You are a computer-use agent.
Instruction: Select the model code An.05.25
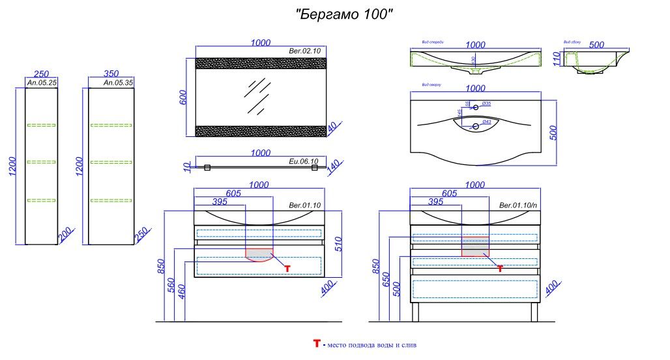tap(42, 83)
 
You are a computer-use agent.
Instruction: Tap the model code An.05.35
tap(118, 83)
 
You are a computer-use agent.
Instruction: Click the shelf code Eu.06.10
tap(303, 161)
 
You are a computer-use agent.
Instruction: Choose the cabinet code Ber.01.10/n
tap(517, 205)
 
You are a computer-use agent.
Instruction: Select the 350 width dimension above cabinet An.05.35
tap(111, 74)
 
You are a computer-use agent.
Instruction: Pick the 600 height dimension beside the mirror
tap(183, 97)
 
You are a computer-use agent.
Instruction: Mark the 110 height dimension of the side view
tap(557, 59)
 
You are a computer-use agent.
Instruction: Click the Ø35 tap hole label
tap(486, 104)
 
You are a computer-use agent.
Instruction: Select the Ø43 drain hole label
tap(486, 123)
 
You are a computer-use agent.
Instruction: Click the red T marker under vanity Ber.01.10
tap(287, 267)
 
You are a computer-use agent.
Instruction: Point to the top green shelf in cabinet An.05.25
tap(42, 125)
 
